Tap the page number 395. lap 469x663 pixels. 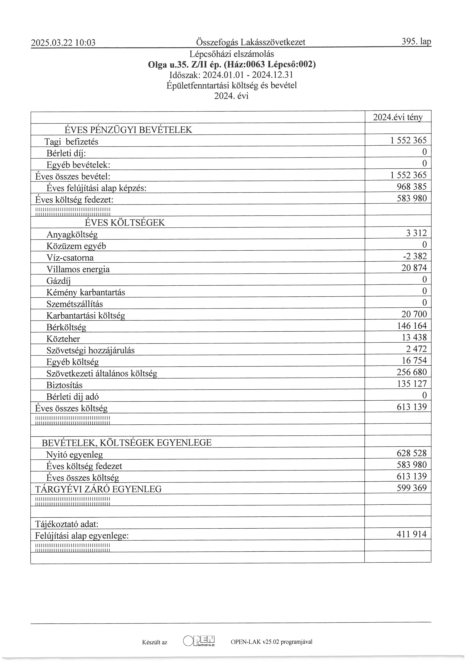[x=416, y=42]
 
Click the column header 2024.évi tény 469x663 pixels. [x=398, y=117]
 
